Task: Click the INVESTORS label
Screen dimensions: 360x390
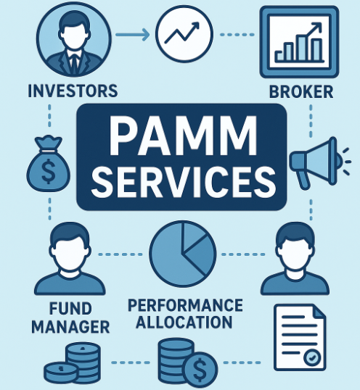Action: click(73, 91)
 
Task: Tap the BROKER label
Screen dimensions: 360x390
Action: click(301, 91)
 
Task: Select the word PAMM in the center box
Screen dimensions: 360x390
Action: click(183, 136)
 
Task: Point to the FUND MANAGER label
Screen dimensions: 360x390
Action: click(70, 318)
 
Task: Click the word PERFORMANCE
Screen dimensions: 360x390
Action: click(185, 305)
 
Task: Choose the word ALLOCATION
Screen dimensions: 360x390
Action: click(184, 322)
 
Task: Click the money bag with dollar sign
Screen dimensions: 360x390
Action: click(49, 163)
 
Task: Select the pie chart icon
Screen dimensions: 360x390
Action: click(183, 254)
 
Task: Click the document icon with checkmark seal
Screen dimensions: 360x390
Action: click(300, 337)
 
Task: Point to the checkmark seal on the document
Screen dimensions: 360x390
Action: click(312, 357)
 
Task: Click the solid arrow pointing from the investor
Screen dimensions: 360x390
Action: click(132, 35)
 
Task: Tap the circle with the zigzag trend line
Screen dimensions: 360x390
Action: click(184, 34)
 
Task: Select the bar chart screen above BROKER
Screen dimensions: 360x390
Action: click(299, 42)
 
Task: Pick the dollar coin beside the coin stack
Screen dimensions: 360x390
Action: click(200, 369)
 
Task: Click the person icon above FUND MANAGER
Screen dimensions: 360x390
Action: click(70, 259)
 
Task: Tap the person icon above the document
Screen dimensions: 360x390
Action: click(295, 259)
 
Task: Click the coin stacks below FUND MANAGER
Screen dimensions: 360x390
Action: click(73, 364)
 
